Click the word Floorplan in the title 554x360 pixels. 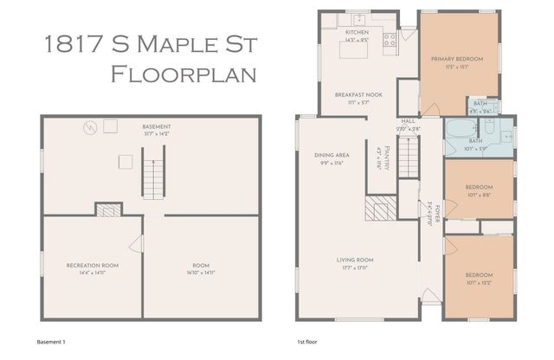(184, 74)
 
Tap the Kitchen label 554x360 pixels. (333, 32)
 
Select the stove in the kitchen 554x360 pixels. (390, 38)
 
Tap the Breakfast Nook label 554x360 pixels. (353, 95)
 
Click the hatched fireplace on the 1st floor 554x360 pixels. (379, 209)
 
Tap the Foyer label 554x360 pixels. (436, 207)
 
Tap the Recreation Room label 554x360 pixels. (92, 265)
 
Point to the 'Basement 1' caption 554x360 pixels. (52, 342)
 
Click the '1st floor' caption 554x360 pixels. (308, 342)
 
